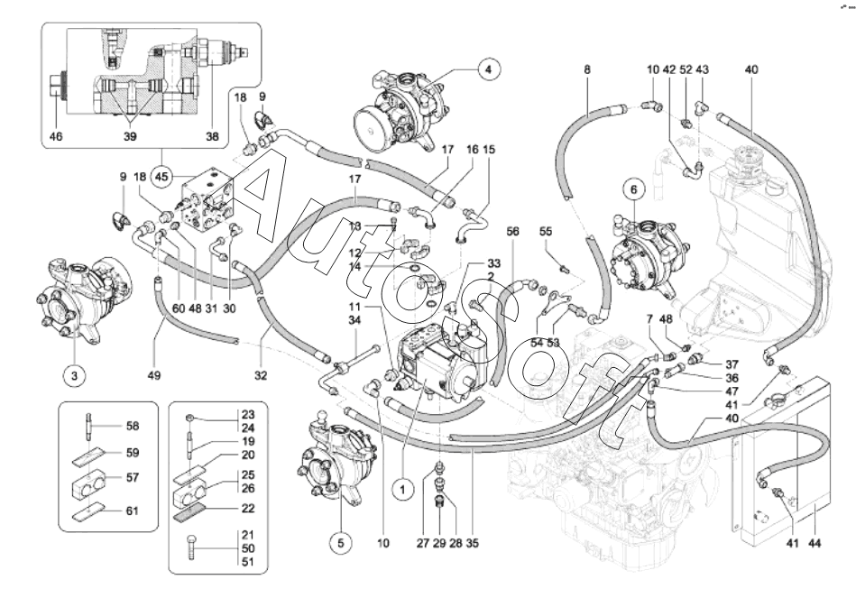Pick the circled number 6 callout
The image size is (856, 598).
click(x=633, y=190)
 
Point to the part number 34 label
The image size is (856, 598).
click(x=355, y=319)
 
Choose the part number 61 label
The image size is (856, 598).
click(x=133, y=511)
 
